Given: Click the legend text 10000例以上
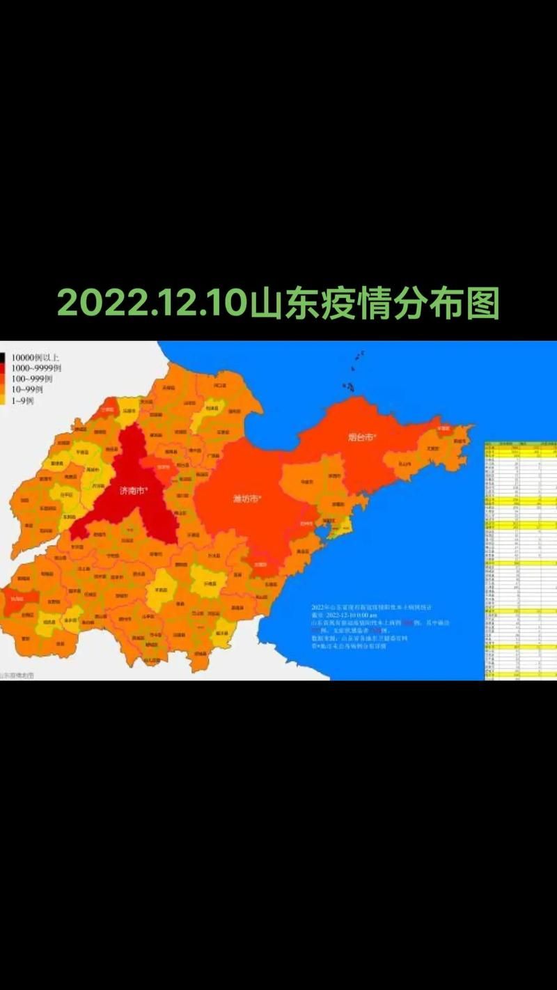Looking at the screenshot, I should tap(35, 358).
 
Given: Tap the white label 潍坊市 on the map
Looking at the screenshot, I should tap(246, 498).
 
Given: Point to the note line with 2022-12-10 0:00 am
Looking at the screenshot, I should tap(345, 615).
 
